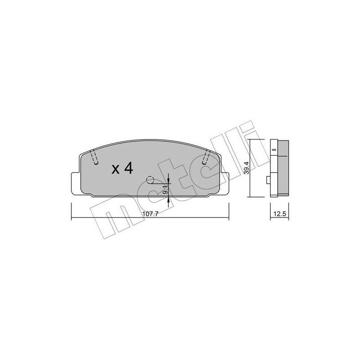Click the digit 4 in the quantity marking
[128, 168]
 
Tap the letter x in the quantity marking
[115, 170]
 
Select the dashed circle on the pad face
[151, 180]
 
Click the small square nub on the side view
[268, 180]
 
